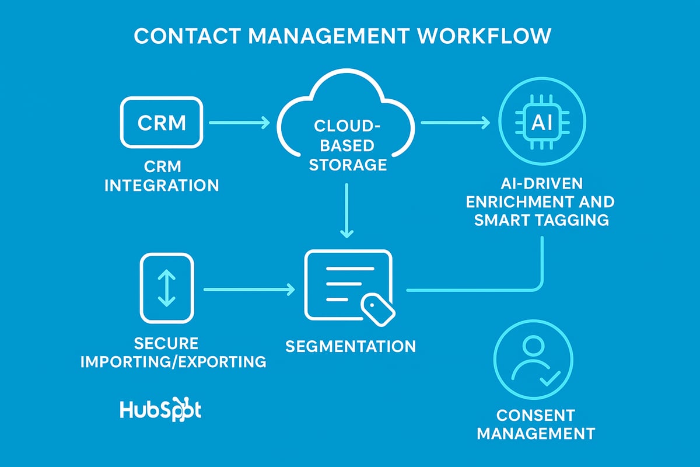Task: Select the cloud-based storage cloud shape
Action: coord(348,126)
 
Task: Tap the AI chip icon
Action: coord(543,122)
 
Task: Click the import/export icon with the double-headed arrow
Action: coord(167,288)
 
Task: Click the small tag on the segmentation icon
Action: coord(377,308)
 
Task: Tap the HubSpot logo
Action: coord(160,410)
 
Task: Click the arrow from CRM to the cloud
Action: coord(239,123)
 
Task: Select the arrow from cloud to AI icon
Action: coord(455,123)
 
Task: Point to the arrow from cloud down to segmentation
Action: coord(347,210)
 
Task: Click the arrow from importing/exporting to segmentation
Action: coord(249,289)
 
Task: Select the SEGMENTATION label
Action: coord(350,346)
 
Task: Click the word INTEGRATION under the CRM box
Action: coord(161,186)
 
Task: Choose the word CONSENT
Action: coord(535,416)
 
